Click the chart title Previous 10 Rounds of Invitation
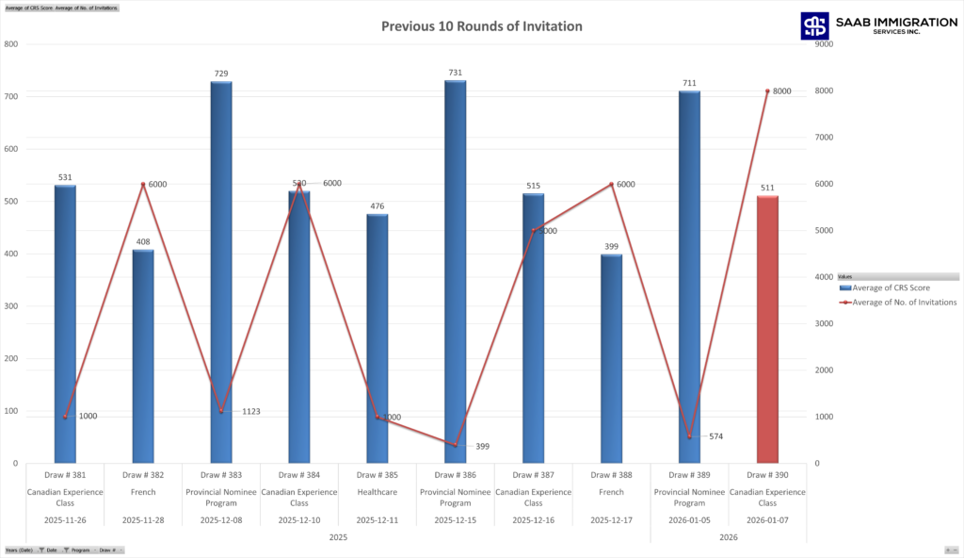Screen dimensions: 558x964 pos(481,26)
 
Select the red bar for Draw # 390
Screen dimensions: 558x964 pos(767,330)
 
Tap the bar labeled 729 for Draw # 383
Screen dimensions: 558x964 pos(221,273)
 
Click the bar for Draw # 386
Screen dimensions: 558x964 pos(456,273)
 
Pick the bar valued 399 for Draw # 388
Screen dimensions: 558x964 pos(612,358)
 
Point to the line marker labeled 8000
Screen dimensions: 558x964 pos(767,91)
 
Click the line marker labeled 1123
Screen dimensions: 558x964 pos(221,411)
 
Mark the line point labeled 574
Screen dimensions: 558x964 pos(689,436)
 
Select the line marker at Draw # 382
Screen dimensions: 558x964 pos(143,184)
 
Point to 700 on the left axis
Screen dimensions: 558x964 pos(11,96)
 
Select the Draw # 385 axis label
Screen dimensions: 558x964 pos(378,475)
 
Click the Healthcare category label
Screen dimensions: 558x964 pos(378,491)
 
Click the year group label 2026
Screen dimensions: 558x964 pos(729,537)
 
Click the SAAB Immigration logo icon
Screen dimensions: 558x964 pos(814,26)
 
